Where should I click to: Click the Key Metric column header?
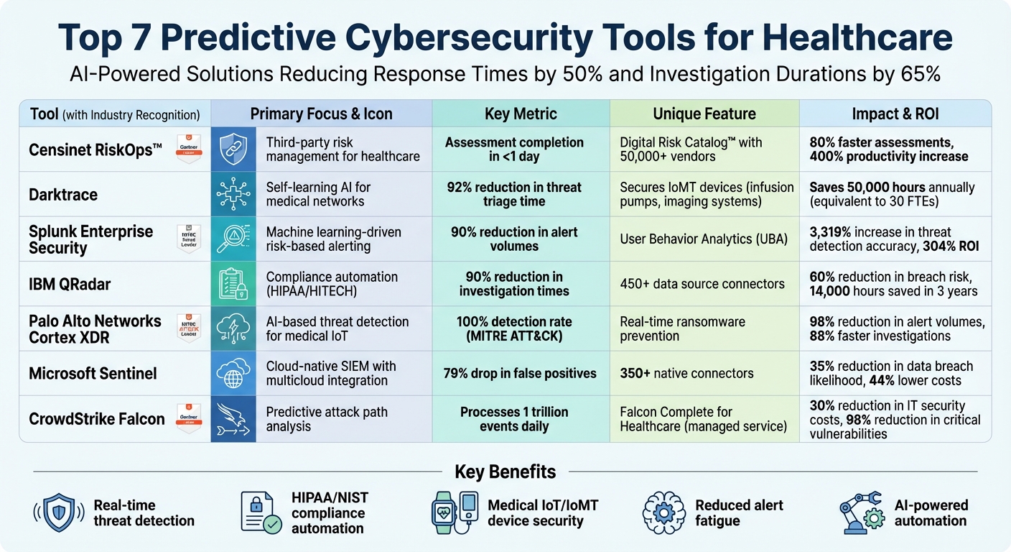[x=521, y=114]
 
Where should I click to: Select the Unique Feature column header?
[x=704, y=114]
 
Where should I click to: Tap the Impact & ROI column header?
[x=895, y=114]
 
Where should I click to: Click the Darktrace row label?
[x=63, y=195]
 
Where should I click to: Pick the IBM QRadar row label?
[x=70, y=284]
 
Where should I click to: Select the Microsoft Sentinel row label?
[x=93, y=373]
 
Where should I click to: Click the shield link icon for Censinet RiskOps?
[x=233, y=149]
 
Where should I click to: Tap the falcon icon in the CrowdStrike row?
[x=233, y=418]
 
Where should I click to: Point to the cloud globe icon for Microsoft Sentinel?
[x=233, y=373]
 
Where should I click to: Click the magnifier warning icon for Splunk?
[x=233, y=239]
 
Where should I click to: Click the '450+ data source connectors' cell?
[x=702, y=284]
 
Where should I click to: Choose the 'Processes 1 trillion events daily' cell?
[x=514, y=419]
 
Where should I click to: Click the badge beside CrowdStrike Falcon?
[x=189, y=418]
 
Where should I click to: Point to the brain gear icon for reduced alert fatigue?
[x=663, y=512]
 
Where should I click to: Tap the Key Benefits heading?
[x=505, y=472]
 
